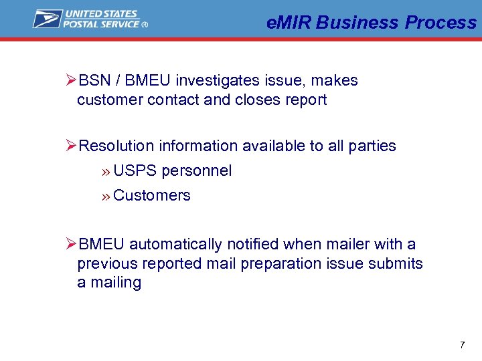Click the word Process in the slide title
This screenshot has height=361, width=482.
440,23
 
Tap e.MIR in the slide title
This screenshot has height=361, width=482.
289,23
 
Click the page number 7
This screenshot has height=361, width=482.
462,345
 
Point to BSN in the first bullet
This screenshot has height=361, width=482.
94,81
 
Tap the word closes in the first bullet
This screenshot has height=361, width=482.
256,100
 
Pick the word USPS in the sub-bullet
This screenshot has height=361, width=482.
135,171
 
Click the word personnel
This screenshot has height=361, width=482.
196,171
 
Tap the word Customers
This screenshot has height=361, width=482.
152,196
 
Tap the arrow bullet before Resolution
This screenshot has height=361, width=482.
72,146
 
